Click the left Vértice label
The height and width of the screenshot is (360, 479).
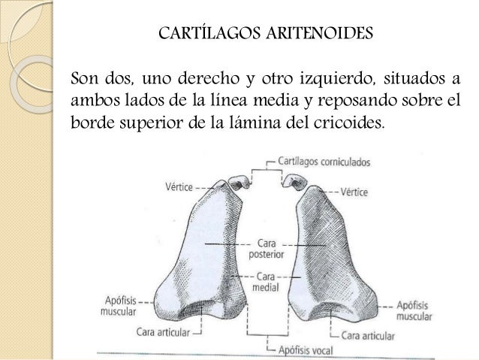173,186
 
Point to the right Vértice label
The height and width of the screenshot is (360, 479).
354,192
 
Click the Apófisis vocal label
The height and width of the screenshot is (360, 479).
306,349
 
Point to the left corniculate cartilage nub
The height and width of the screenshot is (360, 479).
236,181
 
